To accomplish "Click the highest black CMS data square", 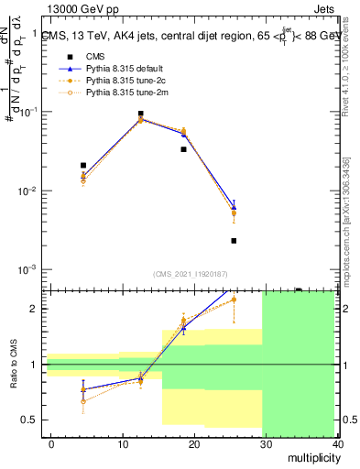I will pyautogui.click(x=140, y=115).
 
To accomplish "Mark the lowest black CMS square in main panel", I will pyautogui.click(x=234, y=241).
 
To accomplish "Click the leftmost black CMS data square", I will pyautogui.click(x=83, y=166).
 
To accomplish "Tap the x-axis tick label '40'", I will pyautogui.click(x=338, y=443).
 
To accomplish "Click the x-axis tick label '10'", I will pyautogui.click(x=123, y=443).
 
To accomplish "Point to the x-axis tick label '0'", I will pyautogui.click(x=51, y=443).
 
